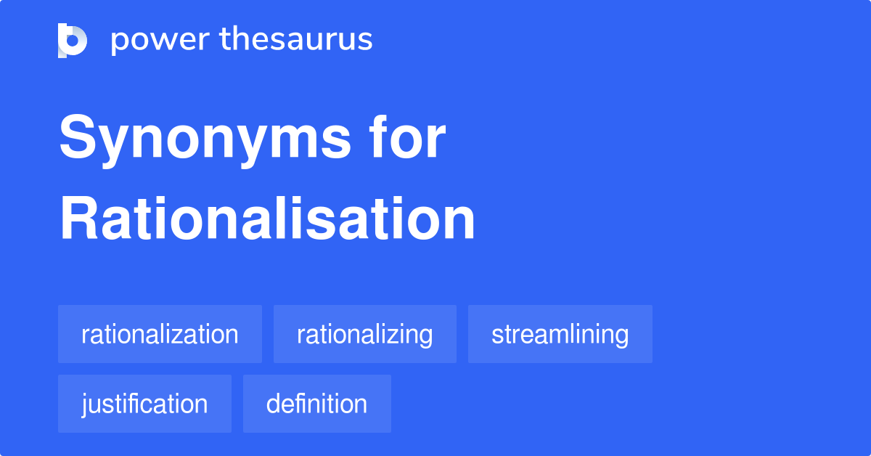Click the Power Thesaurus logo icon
(x=73, y=40)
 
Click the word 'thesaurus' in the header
(x=296, y=40)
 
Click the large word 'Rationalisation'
(x=267, y=219)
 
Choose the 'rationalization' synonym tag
(x=160, y=334)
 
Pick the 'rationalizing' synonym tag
(x=364, y=334)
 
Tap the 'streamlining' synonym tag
(x=560, y=334)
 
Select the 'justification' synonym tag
(x=144, y=404)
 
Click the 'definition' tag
(x=316, y=404)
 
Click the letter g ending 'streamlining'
(x=621, y=337)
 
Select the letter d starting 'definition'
(x=274, y=404)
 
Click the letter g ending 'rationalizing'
(x=425, y=337)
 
